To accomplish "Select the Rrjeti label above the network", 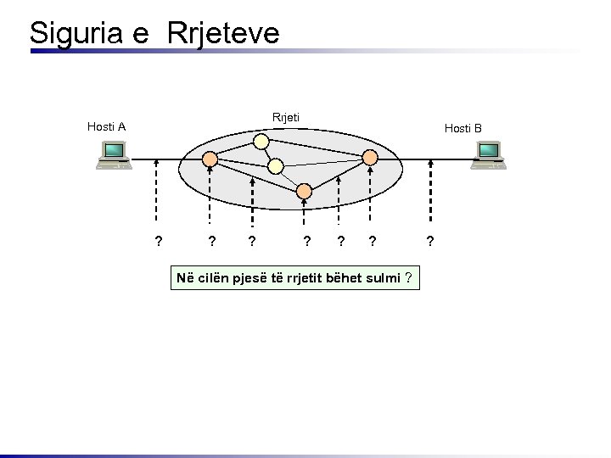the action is click(285, 117).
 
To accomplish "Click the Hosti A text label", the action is click(106, 127).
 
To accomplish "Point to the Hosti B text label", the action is click(463, 129).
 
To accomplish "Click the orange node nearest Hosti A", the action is click(210, 159).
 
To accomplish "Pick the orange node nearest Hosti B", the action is click(370, 157).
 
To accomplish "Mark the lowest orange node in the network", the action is click(304, 193).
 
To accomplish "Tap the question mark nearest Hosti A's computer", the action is click(158, 242).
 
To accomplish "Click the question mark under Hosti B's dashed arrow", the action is click(430, 242).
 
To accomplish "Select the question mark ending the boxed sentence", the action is click(409, 278).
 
